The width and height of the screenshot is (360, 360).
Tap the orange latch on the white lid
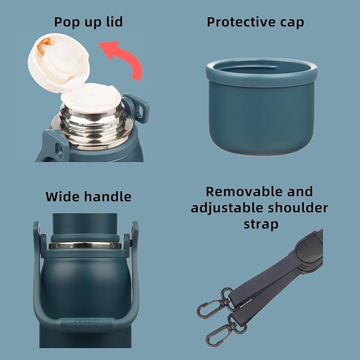click(x=44, y=46)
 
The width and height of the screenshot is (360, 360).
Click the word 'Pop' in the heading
click(x=67, y=22)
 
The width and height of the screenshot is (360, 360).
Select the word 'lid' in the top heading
click(x=115, y=22)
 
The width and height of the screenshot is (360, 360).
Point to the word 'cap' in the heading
click(x=292, y=23)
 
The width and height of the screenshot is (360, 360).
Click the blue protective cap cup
click(x=261, y=106)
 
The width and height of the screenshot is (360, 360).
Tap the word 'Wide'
click(x=63, y=197)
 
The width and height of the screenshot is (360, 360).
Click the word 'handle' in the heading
click(x=108, y=197)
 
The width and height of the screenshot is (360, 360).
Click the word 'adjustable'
click(x=227, y=208)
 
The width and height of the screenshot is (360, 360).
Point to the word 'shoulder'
click(x=298, y=208)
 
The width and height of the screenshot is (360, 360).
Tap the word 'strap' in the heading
click(x=261, y=225)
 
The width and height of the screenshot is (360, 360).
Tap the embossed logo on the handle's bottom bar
click(x=86, y=321)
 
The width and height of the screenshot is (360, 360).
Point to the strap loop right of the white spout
click(x=137, y=108)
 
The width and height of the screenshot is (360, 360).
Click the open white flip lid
click(x=58, y=63)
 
